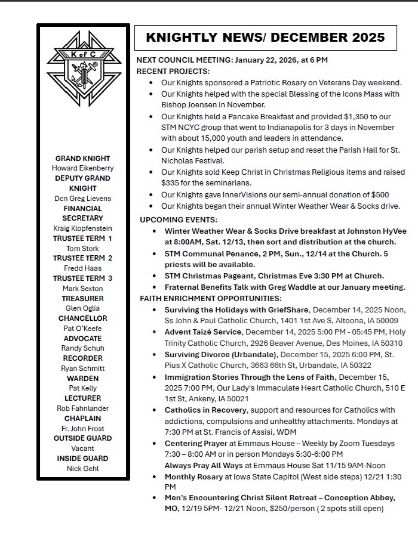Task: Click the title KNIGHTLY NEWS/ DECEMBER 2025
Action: coord(265,38)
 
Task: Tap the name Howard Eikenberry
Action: coord(83,168)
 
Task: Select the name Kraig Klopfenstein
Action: coord(83,228)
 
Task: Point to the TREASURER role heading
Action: coord(83,298)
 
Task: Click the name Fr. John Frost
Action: coord(83,428)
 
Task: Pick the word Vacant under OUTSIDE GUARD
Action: coord(83,448)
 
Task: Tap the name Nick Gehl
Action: coord(83,469)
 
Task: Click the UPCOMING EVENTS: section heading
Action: coord(179,219)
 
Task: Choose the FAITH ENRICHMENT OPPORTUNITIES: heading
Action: coord(211,298)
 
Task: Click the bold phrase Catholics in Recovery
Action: coord(205,410)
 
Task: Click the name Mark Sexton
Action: coord(83,289)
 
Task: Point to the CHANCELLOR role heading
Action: coord(83,318)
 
